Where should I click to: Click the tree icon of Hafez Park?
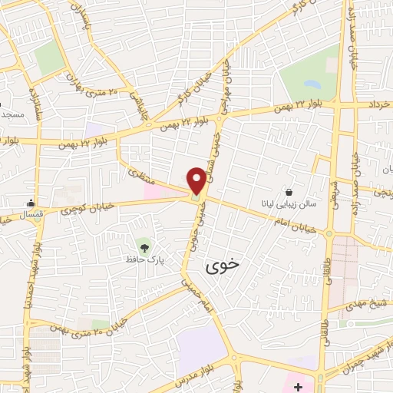click(x=144, y=246)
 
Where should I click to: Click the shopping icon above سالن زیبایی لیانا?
click(x=289, y=192)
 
